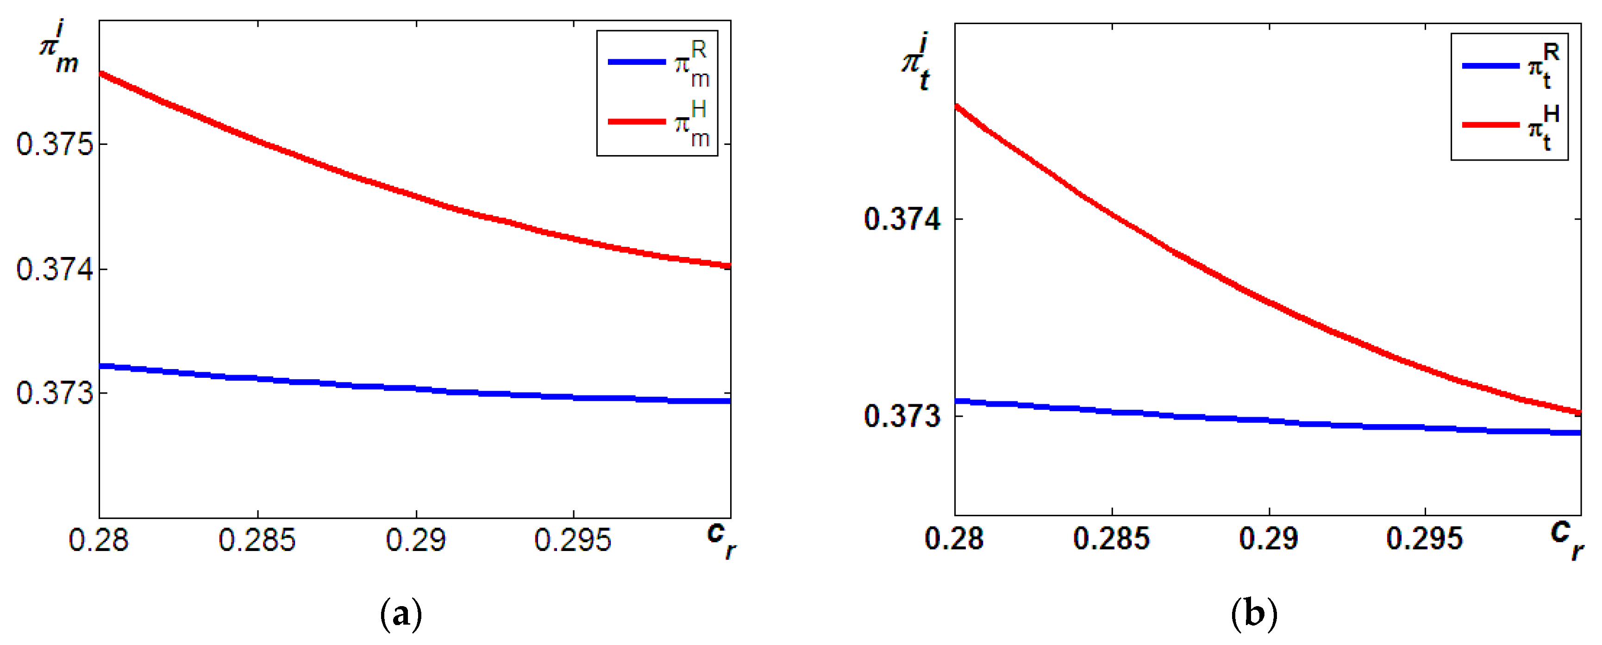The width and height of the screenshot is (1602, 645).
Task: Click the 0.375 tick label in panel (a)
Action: click(x=55, y=144)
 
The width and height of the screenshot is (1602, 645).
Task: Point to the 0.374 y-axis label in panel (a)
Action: click(x=55, y=269)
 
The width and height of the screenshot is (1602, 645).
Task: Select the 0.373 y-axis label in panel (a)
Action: click(x=55, y=393)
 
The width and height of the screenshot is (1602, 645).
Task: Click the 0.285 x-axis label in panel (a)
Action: click(x=257, y=540)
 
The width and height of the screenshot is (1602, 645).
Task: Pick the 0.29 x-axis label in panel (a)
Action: click(x=416, y=540)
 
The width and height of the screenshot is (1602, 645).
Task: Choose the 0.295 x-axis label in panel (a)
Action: click(x=573, y=540)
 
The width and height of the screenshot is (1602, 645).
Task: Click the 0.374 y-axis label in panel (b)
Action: click(x=902, y=219)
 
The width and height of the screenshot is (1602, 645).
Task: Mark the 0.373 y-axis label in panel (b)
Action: click(x=902, y=415)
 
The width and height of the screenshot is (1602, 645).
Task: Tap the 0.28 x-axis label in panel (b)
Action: click(x=955, y=538)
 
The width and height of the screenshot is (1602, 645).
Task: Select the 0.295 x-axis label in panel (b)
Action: click(x=1425, y=538)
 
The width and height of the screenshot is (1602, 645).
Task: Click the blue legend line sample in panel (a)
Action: click(x=637, y=62)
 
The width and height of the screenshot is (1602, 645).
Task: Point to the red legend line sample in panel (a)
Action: click(x=637, y=121)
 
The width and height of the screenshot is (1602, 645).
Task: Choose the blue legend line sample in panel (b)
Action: click(x=1491, y=65)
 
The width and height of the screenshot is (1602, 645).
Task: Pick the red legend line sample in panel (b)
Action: click(x=1491, y=125)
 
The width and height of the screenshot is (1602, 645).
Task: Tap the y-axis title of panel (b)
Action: click(x=917, y=64)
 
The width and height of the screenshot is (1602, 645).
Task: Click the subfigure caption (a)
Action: click(x=401, y=614)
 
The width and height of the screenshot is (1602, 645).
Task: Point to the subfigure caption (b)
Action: click(x=1254, y=614)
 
